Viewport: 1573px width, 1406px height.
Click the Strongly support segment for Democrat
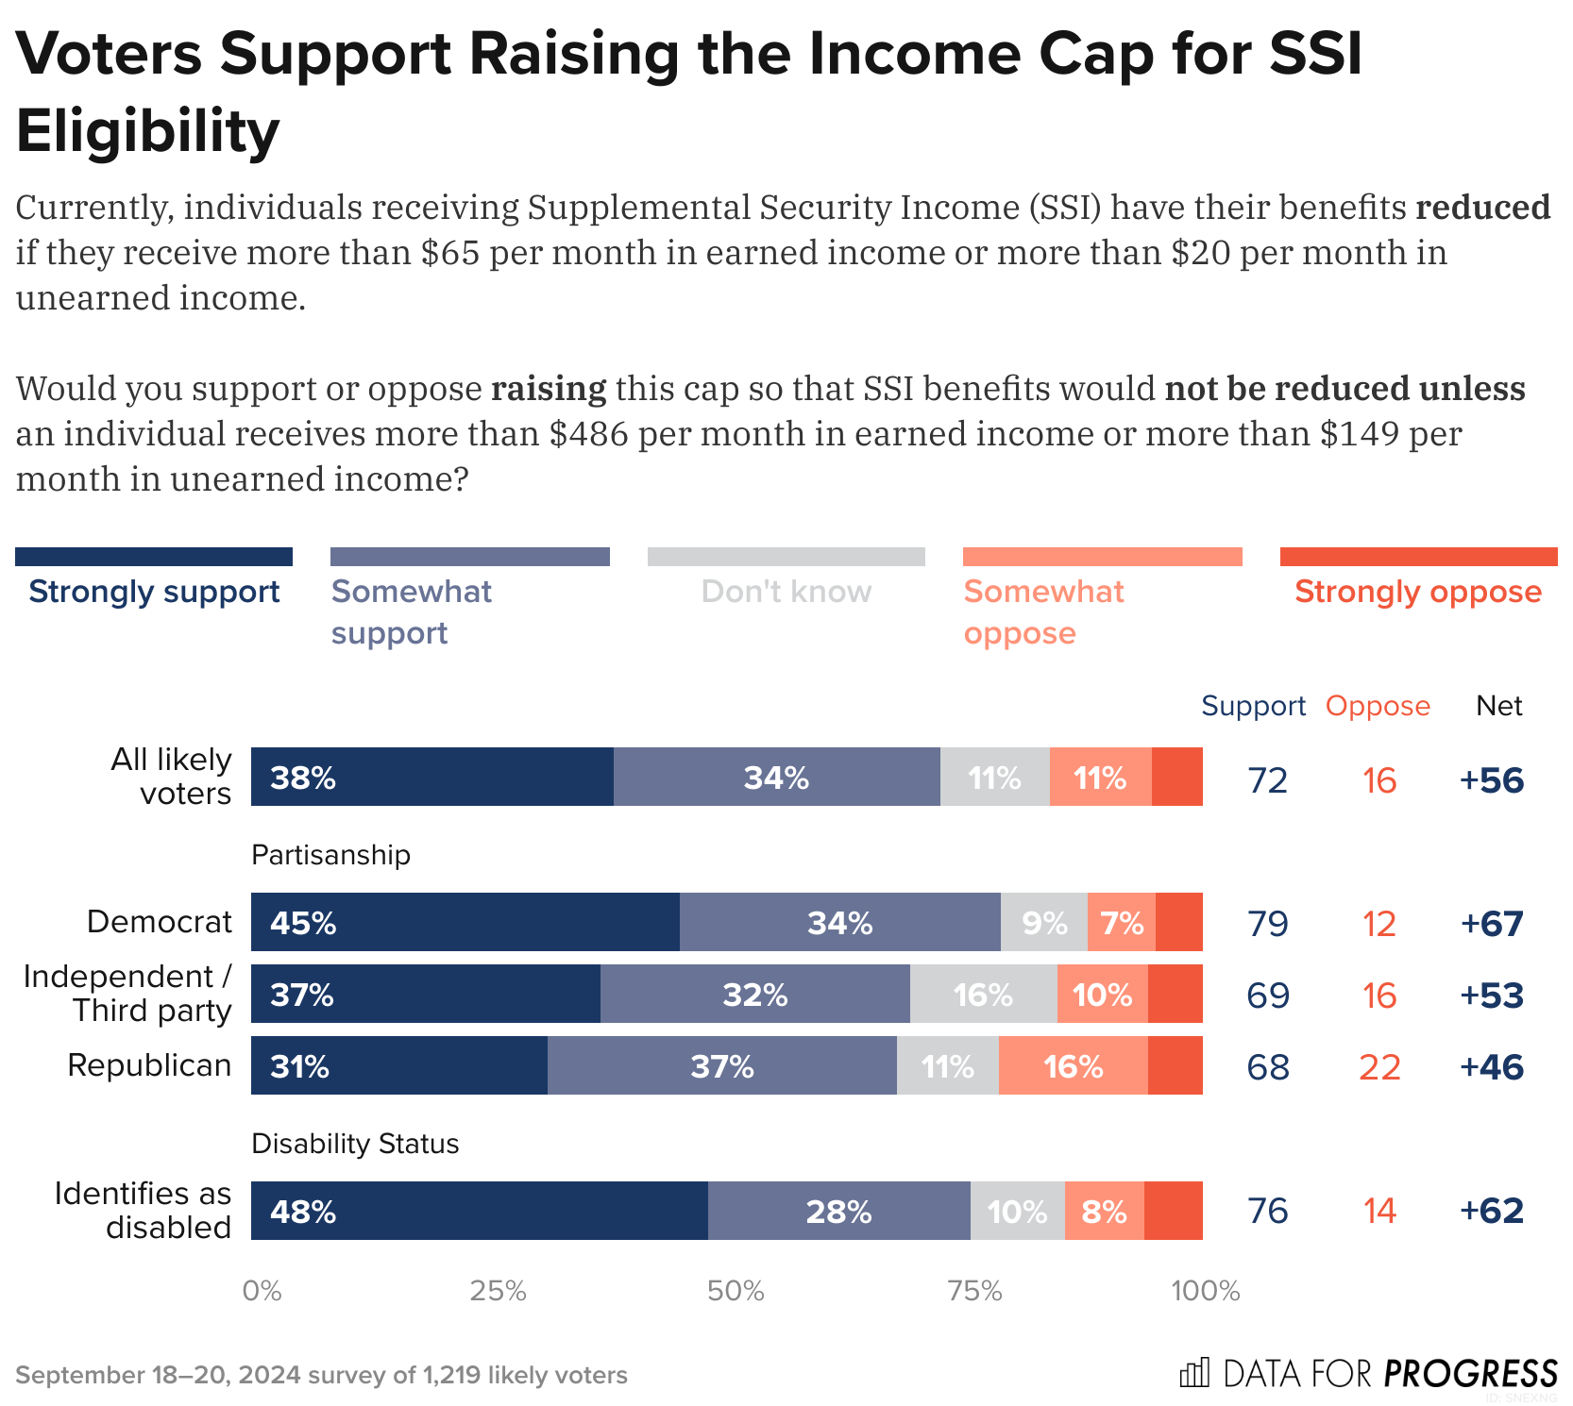465,922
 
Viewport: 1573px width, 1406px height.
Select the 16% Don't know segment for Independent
983,995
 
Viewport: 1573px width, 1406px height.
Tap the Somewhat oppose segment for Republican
1073,1066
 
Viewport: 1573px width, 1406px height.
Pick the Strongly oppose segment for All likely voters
1176,777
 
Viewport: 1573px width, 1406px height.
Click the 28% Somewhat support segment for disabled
838,1211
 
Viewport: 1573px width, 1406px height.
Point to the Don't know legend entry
786,592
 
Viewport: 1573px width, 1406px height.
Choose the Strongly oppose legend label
1417,592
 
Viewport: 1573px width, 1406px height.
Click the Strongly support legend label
154,592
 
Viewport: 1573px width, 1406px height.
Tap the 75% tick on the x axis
974,1291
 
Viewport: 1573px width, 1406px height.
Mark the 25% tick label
498,1291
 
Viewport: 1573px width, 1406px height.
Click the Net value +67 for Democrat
1492,923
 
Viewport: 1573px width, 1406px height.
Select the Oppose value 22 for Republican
1378,1067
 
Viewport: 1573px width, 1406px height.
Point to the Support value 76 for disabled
1267,1211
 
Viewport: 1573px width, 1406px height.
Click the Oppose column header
1378,706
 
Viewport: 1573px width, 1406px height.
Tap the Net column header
1498,706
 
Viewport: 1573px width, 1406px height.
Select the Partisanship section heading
330,855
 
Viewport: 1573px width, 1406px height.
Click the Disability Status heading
355,1144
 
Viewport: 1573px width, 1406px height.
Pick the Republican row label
149,1065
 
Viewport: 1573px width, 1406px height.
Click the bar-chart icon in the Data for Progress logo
1194,1373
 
